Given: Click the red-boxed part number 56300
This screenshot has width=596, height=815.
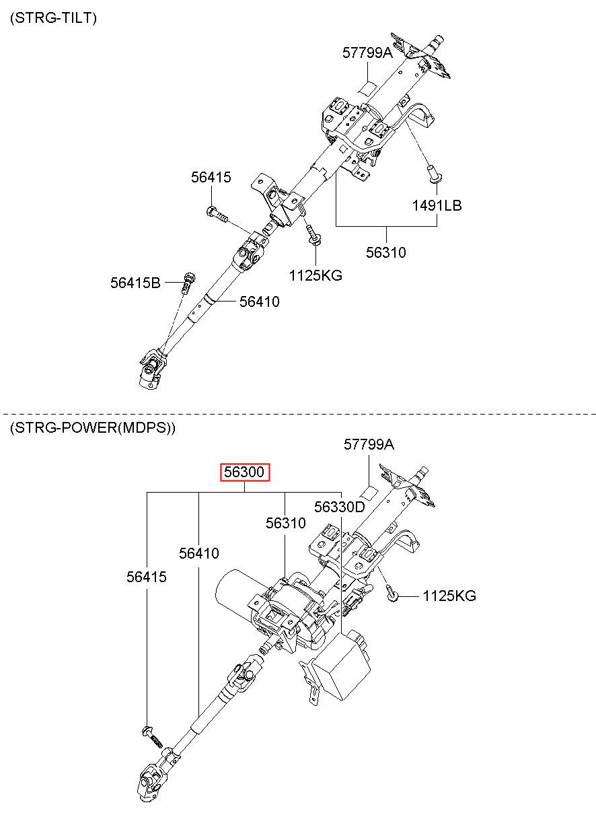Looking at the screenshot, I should [x=245, y=472].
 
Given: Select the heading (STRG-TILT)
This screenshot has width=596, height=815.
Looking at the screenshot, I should [x=54, y=18].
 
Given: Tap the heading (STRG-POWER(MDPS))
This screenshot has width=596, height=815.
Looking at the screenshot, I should [x=93, y=427].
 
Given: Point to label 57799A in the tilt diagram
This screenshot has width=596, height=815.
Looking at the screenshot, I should [x=367, y=52].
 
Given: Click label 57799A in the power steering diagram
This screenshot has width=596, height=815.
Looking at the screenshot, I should [x=369, y=444].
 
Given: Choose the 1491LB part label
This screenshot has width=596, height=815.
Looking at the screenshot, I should [x=437, y=205].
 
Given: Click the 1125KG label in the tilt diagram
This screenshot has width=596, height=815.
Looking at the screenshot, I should [x=315, y=275].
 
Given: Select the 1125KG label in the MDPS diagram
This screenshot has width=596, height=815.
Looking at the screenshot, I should [x=449, y=596].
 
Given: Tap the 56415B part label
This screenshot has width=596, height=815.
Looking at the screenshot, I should [x=135, y=283].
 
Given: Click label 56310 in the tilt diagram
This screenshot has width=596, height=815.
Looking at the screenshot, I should [x=386, y=253].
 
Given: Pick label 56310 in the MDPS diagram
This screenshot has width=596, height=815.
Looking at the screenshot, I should [x=285, y=523].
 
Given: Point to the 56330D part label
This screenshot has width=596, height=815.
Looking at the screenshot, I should [x=339, y=507].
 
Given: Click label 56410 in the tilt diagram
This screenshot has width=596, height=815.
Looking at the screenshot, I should [x=259, y=302].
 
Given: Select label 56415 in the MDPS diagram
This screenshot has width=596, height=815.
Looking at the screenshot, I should [x=147, y=577].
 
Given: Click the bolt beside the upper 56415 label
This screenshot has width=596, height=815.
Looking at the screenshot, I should [x=217, y=215].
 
